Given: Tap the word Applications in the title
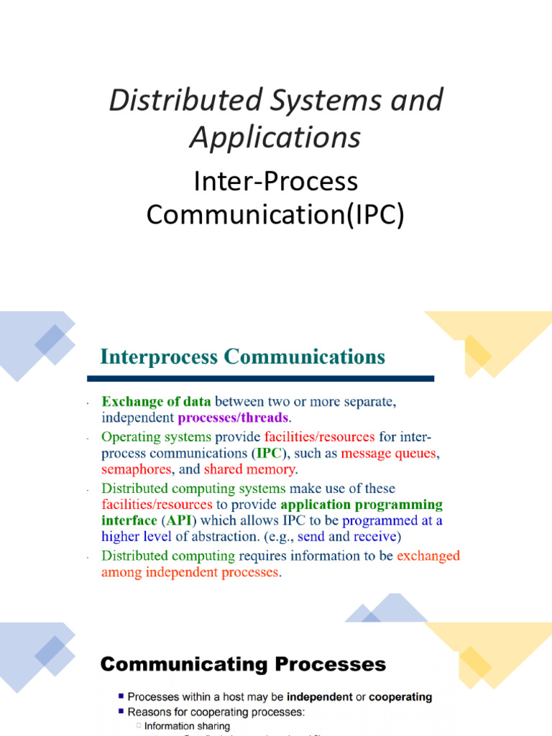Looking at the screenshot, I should coord(275,137).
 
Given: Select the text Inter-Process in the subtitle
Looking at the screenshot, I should coord(275,181).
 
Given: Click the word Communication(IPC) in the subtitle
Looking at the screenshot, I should coord(275,215).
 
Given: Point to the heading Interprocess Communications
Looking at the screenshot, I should coord(243,356).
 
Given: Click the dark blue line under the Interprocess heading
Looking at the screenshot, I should coord(260,379).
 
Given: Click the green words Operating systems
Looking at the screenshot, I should coord(156,437).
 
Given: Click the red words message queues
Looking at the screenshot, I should coord(389,454).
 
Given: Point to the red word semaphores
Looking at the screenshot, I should coord(136,469).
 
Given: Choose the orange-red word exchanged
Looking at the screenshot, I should coord(428,556).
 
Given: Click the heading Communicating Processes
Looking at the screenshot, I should coord(243,665).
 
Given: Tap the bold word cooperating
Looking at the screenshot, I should coord(397,696).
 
